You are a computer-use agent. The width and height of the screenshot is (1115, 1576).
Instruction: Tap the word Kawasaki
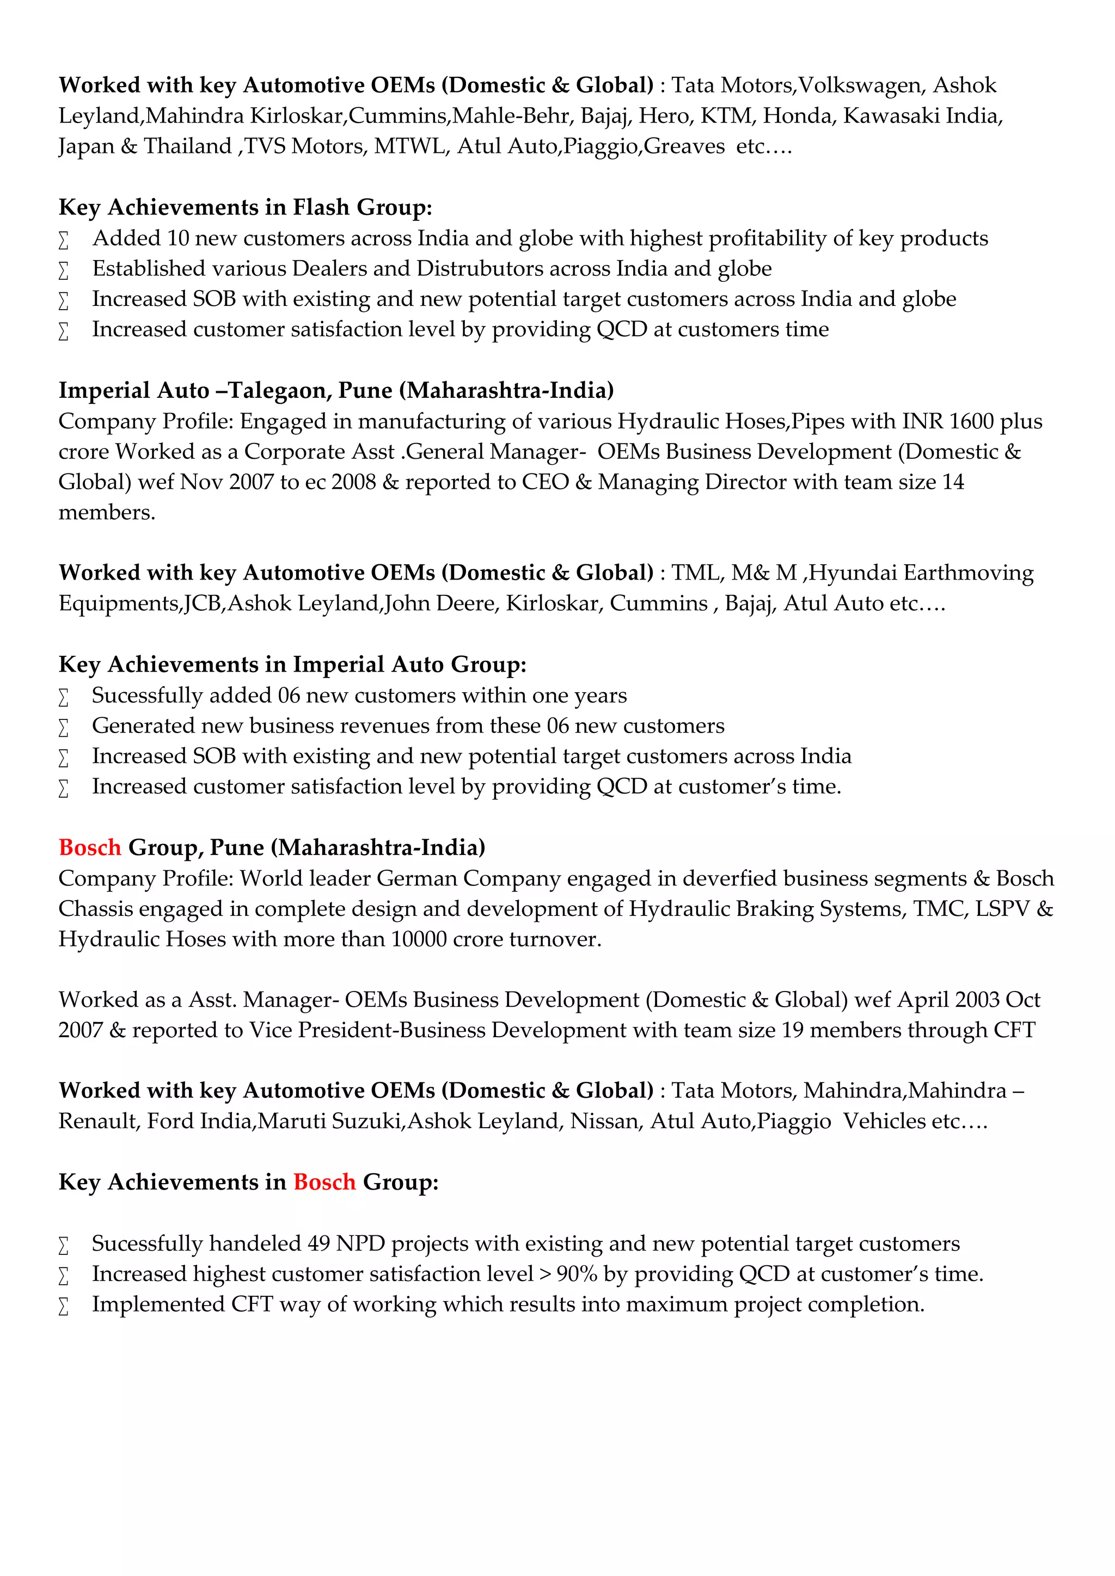pyautogui.click(x=891, y=115)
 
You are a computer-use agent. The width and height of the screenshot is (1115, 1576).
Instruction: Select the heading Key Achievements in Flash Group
pyautogui.click(x=245, y=207)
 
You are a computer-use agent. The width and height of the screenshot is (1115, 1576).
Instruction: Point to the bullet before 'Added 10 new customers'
pyautogui.click(x=63, y=240)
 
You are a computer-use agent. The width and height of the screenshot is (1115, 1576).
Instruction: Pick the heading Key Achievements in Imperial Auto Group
pyautogui.click(x=292, y=664)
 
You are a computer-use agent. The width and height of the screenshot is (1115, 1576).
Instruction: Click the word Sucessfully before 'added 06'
pyautogui.click(x=148, y=695)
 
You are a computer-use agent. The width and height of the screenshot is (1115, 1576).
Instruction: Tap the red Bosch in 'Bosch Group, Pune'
pyautogui.click(x=90, y=848)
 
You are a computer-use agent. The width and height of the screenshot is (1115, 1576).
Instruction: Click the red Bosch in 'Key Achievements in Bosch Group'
pyautogui.click(x=324, y=1182)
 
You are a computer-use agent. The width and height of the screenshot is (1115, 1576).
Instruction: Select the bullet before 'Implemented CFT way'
pyautogui.click(x=63, y=1306)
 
